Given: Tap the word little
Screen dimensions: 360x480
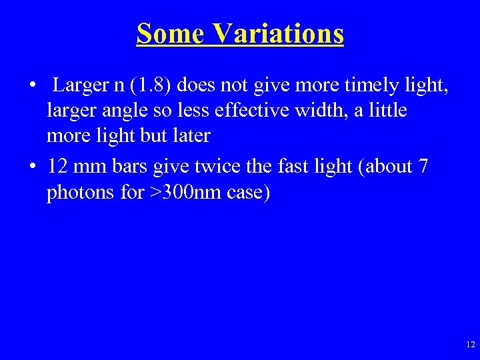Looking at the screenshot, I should (x=388, y=111).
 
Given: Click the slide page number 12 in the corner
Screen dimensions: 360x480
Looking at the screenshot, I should (x=470, y=345).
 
